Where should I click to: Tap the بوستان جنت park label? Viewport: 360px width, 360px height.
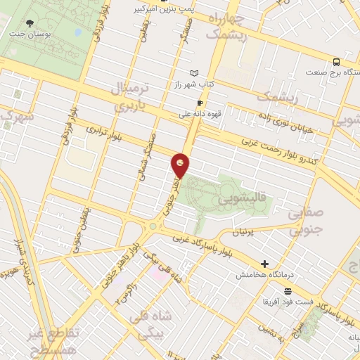click(x=29, y=34)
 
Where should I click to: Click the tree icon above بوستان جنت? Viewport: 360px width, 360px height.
click(x=30, y=22)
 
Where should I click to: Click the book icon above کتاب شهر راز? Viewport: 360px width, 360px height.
click(x=195, y=73)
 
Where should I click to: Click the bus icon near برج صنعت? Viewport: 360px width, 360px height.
click(x=336, y=61)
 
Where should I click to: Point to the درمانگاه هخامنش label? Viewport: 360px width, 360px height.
click(x=263, y=274)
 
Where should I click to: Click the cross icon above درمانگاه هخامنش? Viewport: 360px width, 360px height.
click(x=264, y=264)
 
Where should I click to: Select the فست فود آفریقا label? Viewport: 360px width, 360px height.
click(x=286, y=301)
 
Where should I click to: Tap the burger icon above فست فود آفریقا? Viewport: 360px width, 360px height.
click(x=287, y=290)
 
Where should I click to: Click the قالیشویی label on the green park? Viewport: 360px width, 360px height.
click(x=232, y=200)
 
